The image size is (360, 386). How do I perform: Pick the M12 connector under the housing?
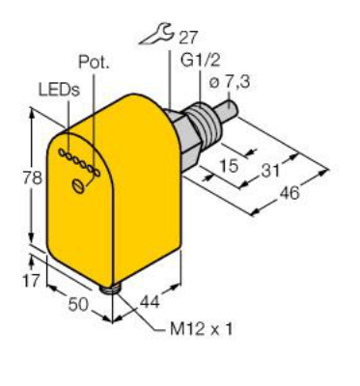click(x=110, y=286)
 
